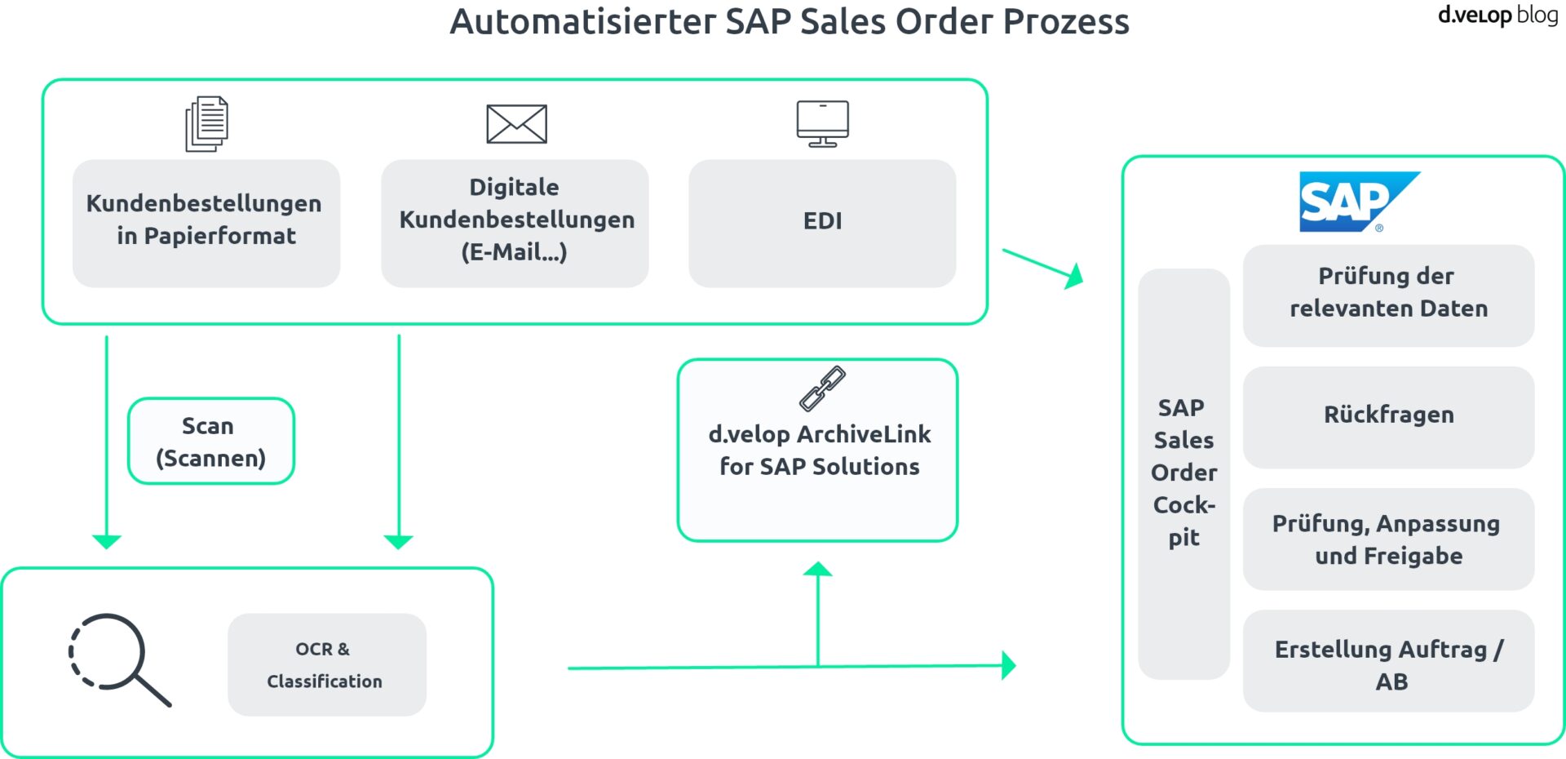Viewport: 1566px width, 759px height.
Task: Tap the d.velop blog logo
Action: pyautogui.click(x=1497, y=15)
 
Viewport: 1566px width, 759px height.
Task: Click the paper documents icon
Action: pyautogui.click(x=206, y=124)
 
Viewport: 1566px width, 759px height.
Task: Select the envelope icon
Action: pyautogui.click(x=516, y=124)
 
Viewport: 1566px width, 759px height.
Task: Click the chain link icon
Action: pyautogui.click(x=822, y=388)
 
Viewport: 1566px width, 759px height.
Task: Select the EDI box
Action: pyautogui.click(x=822, y=223)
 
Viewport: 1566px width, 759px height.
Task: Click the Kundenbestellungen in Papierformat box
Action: pyautogui.click(x=206, y=223)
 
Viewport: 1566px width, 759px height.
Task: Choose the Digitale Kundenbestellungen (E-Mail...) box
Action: pyautogui.click(x=515, y=223)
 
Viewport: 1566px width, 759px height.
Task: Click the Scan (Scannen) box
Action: pyautogui.click(x=211, y=442)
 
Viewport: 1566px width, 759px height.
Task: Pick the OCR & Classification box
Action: pyautogui.click(x=326, y=665)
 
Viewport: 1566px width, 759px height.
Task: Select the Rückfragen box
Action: pyautogui.click(x=1388, y=417)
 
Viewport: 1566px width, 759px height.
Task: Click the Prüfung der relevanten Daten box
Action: pyautogui.click(x=1388, y=295)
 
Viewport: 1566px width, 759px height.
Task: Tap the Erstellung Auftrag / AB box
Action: pyautogui.click(x=1388, y=661)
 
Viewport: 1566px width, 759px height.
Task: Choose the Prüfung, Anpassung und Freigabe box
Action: pyautogui.click(x=1388, y=539)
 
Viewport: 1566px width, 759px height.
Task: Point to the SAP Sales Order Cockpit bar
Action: pyautogui.click(x=1183, y=473)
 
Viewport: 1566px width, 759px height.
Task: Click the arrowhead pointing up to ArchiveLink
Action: pyautogui.click(x=818, y=570)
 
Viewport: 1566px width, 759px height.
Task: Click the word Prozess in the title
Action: pyautogui.click(x=1065, y=22)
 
